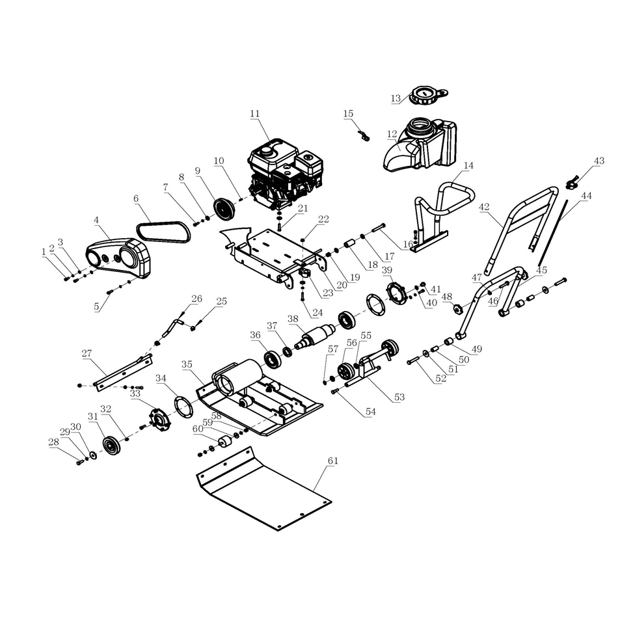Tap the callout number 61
pyautogui.click(x=332, y=461)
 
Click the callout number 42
pyautogui.click(x=483, y=207)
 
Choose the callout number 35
pyautogui.click(x=187, y=364)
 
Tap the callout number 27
pyautogui.click(x=87, y=353)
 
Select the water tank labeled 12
pyautogui.click(x=420, y=146)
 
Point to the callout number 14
pyautogui.click(x=468, y=165)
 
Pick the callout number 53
pyautogui.click(x=399, y=396)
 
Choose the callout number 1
pyautogui.click(x=44, y=250)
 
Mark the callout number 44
pyautogui.click(x=586, y=195)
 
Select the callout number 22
pyautogui.click(x=323, y=220)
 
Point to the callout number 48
pyautogui.click(x=447, y=297)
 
